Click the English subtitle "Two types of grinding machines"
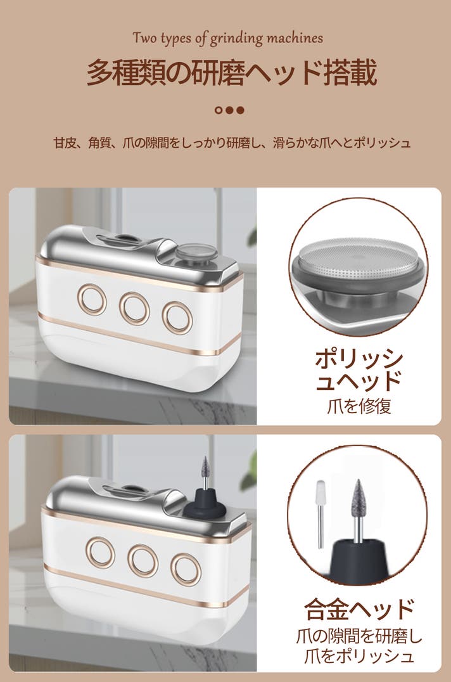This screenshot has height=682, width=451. (227, 38)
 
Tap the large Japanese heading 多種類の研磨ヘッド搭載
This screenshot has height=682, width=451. (232, 73)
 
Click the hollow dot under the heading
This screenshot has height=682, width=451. (219, 110)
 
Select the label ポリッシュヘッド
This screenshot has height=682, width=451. (359, 370)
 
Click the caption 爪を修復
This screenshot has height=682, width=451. (359, 406)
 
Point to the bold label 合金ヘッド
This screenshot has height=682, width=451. (359, 608)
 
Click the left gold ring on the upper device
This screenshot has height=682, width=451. (92, 299)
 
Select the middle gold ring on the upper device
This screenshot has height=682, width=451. (135, 308)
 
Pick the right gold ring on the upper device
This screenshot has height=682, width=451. (177, 318)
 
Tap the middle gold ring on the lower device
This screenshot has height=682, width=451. (143, 561)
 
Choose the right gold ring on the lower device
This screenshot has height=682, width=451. (186, 570)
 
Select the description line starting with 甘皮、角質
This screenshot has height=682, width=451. (232, 143)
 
